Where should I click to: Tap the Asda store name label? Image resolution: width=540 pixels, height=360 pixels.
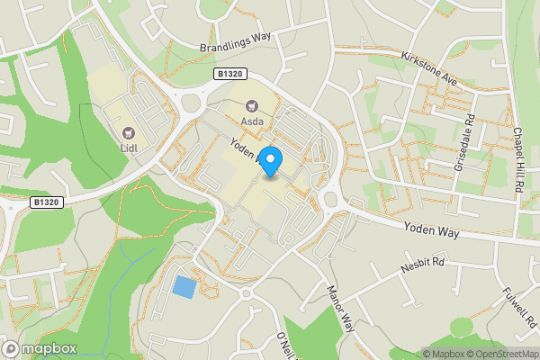pos(251,120)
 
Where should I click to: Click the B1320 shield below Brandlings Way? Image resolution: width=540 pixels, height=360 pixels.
pos(229,73)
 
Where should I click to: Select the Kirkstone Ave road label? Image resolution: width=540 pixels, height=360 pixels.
pos(430,68)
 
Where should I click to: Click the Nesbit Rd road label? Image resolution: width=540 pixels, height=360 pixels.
pos(426,264)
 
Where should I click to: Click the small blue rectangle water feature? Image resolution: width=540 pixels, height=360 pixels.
pos(184,287)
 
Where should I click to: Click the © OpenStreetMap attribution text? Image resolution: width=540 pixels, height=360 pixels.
pos(499,353)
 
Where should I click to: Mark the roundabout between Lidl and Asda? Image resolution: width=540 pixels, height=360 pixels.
pos(190,102)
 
